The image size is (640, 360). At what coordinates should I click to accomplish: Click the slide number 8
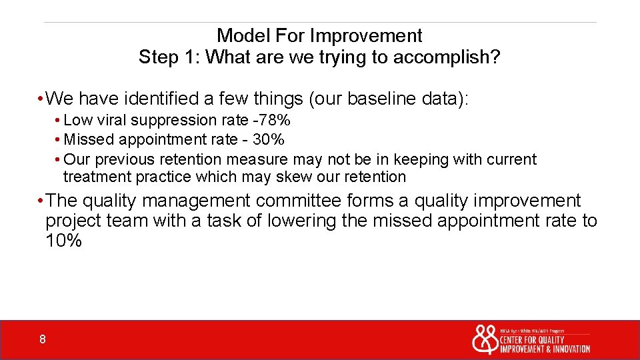coord(42,340)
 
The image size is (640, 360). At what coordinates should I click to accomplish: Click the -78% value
coord(275,121)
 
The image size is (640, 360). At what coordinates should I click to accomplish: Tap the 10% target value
coord(63,241)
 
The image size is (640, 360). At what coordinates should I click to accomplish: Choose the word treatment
coord(97,177)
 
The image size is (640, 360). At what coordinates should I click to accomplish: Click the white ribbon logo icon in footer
coord(485,339)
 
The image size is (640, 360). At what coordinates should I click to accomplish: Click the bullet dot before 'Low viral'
coord(58,121)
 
